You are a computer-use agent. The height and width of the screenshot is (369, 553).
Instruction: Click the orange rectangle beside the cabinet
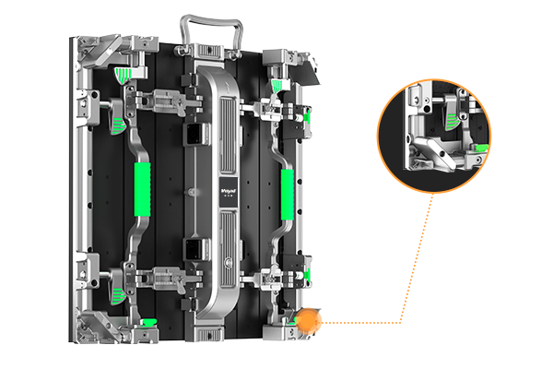point(372,258)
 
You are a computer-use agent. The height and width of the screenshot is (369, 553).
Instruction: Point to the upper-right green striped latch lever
point(277,86)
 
